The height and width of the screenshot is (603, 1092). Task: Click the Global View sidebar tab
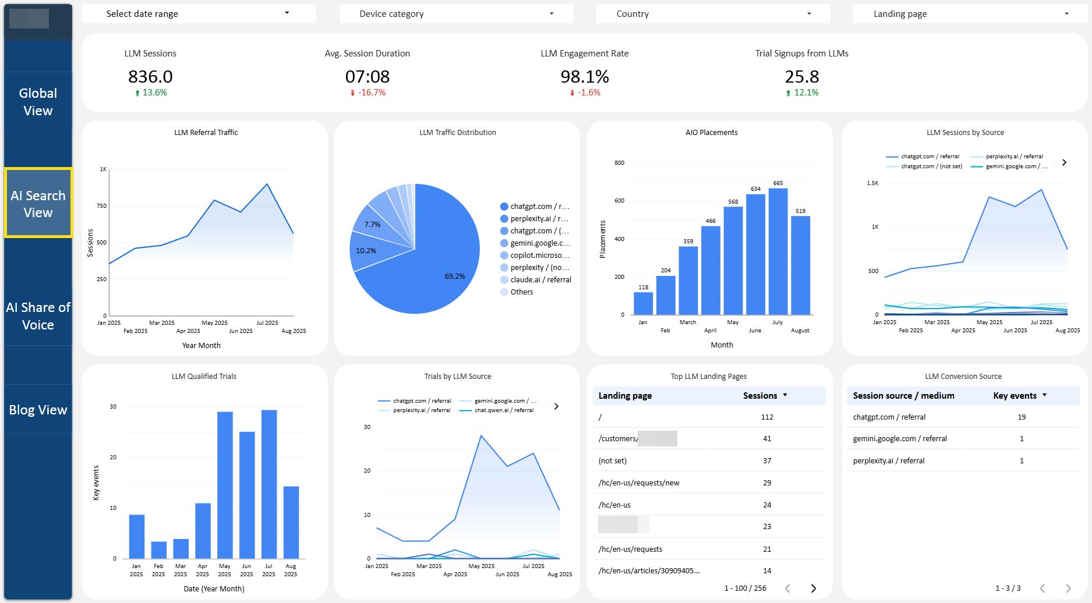tap(38, 102)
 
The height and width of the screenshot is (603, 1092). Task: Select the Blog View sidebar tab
tap(38, 410)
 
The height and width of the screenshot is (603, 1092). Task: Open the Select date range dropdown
tap(198, 13)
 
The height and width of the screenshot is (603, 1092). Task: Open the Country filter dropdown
tap(712, 13)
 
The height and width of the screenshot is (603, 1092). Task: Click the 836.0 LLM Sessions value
tap(150, 76)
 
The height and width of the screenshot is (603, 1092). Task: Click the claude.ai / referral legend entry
tap(540, 280)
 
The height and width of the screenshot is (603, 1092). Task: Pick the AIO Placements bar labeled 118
tap(643, 303)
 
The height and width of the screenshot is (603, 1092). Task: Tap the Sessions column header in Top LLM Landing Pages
tap(760, 396)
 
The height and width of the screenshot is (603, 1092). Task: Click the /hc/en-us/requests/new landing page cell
tap(639, 483)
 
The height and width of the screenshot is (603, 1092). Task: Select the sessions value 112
tap(767, 417)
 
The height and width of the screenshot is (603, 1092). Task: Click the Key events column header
tap(1015, 396)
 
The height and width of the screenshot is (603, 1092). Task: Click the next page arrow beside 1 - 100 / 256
tap(814, 588)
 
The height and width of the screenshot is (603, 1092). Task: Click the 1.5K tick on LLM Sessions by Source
tap(872, 183)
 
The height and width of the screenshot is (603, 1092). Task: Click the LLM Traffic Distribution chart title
tap(457, 133)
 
